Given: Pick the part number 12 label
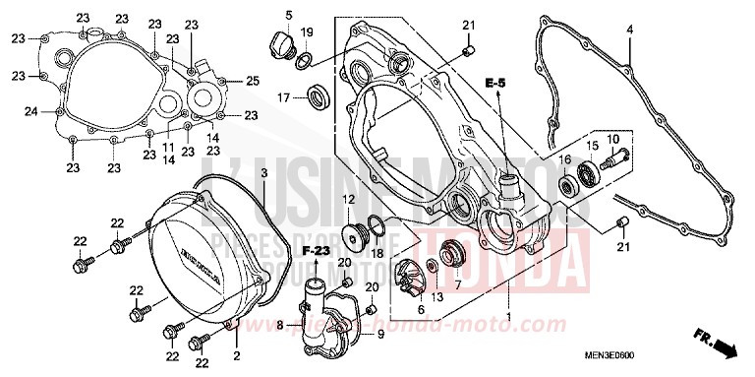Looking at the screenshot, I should coord(347,201).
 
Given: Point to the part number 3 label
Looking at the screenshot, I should coord(236,173).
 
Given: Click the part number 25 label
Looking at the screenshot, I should coord(252,80).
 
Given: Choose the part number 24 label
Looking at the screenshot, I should coord(30,111).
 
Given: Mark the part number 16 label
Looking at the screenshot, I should coord(565,159).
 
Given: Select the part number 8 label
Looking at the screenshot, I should coord(280,323).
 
